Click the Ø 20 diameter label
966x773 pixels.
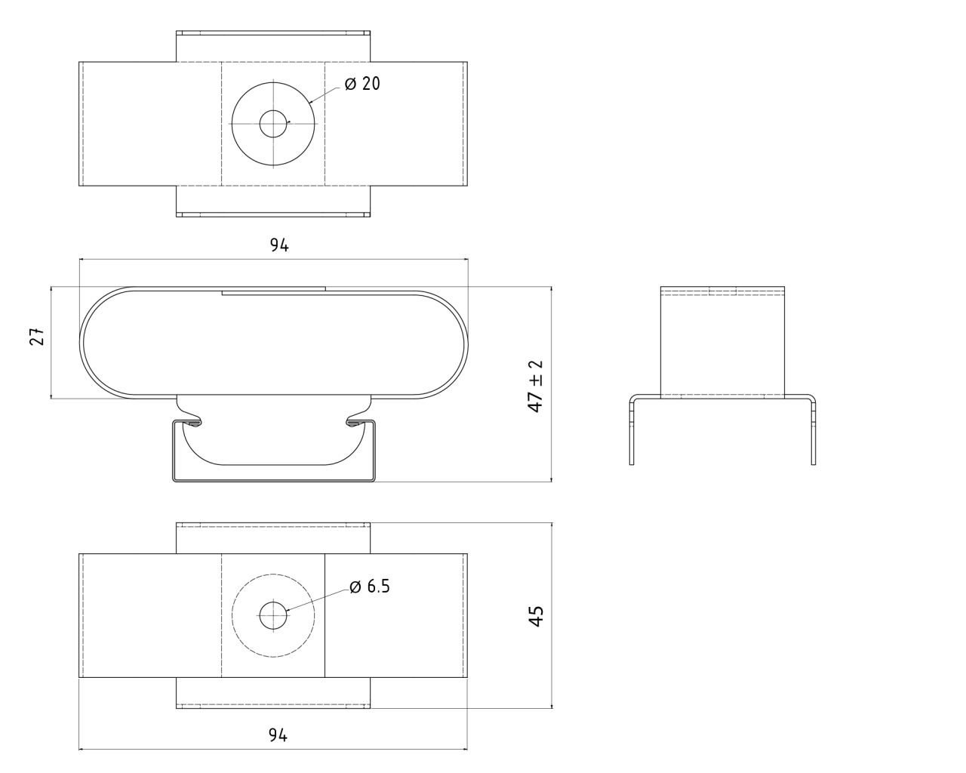click(x=362, y=84)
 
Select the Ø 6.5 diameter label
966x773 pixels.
click(x=370, y=587)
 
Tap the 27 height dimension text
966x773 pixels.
click(x=37, y=337)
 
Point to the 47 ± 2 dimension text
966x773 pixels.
click(x=536, y=385)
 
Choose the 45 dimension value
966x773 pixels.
click(x=536, y=615)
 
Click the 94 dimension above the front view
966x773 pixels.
click(x=279, y=245)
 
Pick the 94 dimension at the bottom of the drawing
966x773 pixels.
click(x=278, y=735)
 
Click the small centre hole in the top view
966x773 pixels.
click(x=272, y=125)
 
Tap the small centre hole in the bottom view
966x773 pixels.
click(x=272, y=615)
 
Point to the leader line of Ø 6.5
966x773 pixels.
click(x=317, y=600)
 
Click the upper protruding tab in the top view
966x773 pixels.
click(x=273, y=46)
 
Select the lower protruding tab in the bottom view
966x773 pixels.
click(x=273, y=693)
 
